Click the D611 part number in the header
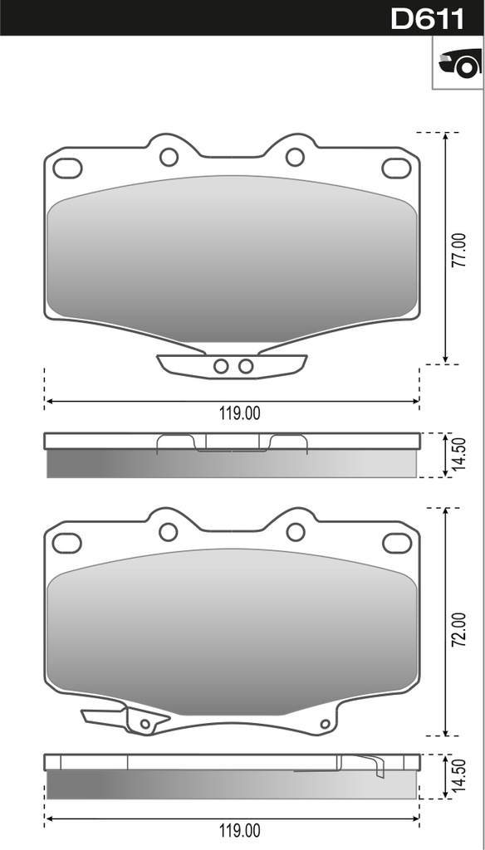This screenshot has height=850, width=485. [x=427, y=18]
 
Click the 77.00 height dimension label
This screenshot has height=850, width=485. [x=458, y=249]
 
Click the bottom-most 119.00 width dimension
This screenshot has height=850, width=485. [x=240, y=830]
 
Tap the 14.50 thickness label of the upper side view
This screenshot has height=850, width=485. [x=458, y=454]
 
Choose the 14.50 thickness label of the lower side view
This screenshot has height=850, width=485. [x=458, y=777]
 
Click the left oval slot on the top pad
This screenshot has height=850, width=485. [x=67, y=168]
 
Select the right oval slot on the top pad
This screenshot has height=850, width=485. [x=396, y=168]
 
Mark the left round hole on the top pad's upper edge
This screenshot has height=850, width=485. [x=169, y=157]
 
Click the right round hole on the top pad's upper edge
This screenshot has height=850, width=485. [x=295, y=157]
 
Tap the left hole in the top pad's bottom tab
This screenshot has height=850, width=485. [x=221, y=366]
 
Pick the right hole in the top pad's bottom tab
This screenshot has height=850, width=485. [x=246, y=366]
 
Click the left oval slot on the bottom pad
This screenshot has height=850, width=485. [x=67, y=543]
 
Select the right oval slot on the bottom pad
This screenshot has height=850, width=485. [x=396, y=543]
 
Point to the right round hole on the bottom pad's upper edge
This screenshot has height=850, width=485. [x=295, y=532]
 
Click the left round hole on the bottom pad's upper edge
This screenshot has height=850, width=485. [x=169, y=532]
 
